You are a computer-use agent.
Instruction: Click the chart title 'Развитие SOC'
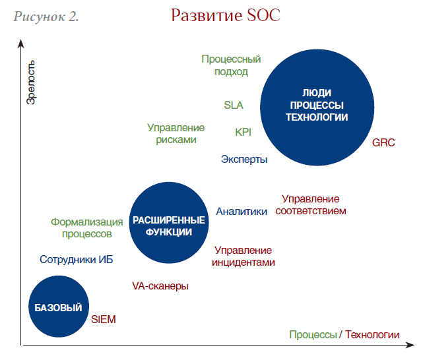tap(226, 15)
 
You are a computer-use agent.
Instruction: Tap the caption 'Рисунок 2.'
tap(46, 16)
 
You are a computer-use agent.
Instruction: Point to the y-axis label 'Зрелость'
tap(30, 82)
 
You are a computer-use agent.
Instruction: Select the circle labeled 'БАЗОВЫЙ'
tap(59, 307)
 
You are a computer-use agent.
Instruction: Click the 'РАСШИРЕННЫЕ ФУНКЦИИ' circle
tap(169, 223)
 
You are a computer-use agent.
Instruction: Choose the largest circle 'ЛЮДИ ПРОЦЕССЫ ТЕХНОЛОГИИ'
tap(317, 107)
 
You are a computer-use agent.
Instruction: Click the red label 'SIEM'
tap(104, 319)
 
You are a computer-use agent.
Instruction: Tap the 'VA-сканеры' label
tap(160, 286)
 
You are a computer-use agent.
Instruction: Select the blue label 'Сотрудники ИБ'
tap(77, 260)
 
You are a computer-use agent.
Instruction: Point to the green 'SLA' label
tap(234, 105)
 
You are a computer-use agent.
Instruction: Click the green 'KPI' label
tap(243, 133)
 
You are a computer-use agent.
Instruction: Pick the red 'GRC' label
tap(383, 142)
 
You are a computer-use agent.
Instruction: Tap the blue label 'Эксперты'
tap(244, 160)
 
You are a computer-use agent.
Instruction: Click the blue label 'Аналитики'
tap(242, 212)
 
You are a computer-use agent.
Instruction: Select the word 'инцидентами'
tap(244, 262)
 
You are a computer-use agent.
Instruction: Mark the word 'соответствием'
tap(311, 211)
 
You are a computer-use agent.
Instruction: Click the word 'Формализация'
tap(87, 222)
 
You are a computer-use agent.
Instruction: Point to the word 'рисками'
tap(176, 140)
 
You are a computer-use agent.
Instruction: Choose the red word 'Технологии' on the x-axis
tap(372, 334)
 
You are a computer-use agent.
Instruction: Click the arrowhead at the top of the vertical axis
tap(20, 43)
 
